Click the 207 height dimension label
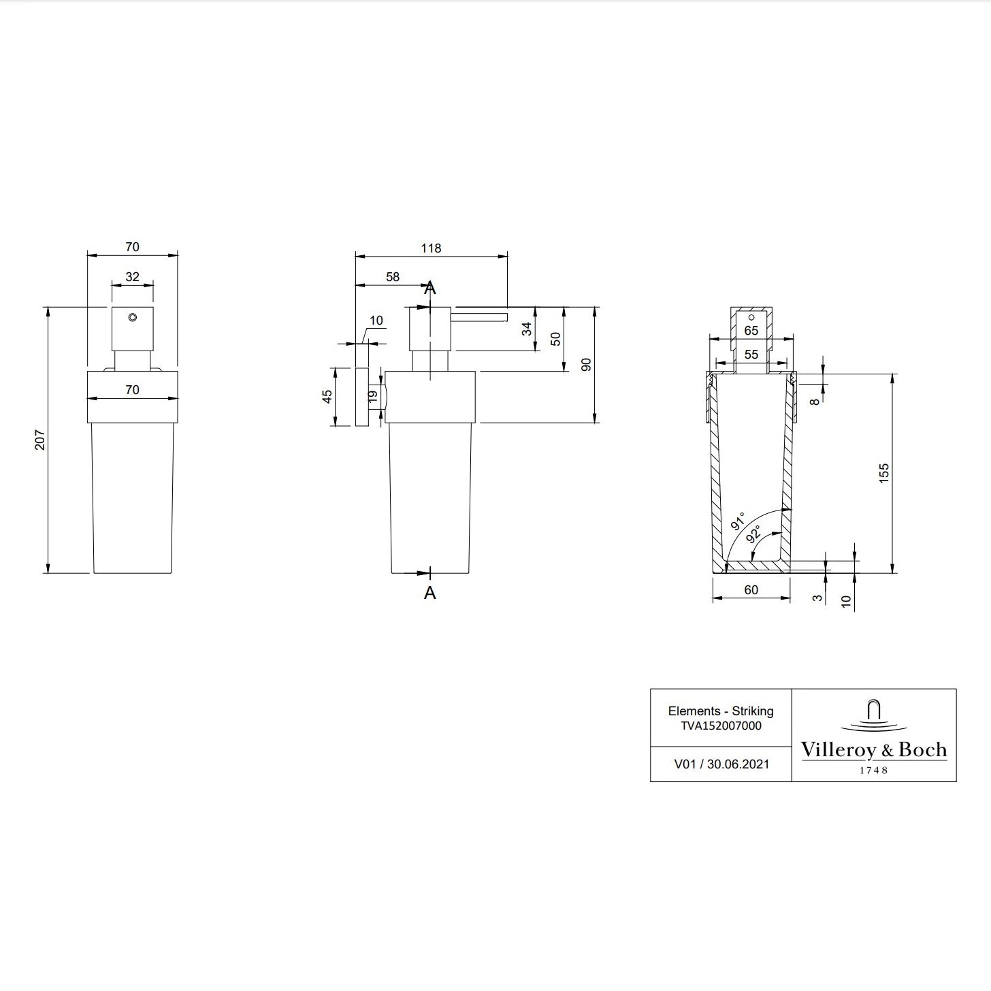coord(39,440)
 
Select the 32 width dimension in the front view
coord(132,277)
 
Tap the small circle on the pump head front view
coord(132,318)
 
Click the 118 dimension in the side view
coord(431,248)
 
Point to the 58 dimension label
coord(393,277)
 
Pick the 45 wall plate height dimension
coord(327,396)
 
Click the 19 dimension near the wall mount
coord(372,395)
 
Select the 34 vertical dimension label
coord(526,329)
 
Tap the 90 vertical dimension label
coord(586,365)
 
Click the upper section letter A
coord(429,289)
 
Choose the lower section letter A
coord(429,593)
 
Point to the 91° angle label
coord(738,521)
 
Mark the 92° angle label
coord(753,534)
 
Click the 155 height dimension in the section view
coord(883,473)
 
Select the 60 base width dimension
coord(751,590)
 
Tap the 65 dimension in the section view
coord(751,331)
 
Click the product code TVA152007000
coord(721,726)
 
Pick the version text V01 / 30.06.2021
coord(721,764)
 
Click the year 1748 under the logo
coord(873,770)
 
